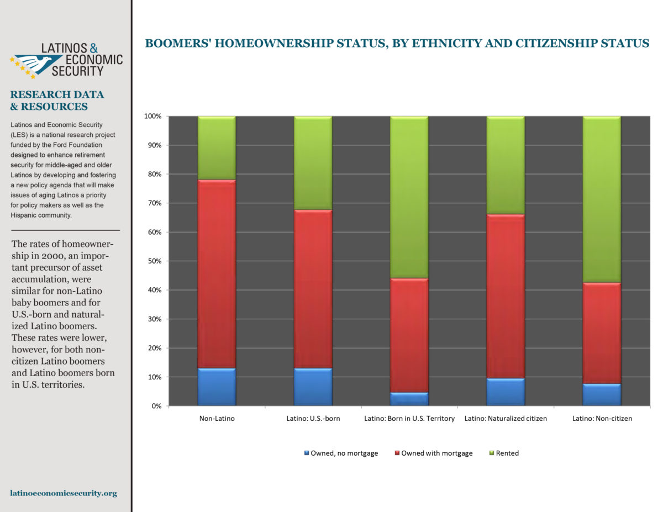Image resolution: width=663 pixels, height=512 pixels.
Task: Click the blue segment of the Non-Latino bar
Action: click(x=217, y=387)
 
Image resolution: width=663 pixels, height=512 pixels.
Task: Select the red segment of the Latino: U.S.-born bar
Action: click(x=313, y=289)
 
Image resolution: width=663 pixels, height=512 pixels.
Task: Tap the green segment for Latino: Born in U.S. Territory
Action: click(x=409, y=197)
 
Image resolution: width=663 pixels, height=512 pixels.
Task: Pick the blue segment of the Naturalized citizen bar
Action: click(x=506, y=392)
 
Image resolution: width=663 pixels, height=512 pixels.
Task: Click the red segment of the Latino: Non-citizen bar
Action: click(x=602, y=333)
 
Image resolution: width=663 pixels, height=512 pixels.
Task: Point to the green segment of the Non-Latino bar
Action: click(x=217, y=148)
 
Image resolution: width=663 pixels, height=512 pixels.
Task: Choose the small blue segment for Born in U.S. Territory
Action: click(x=409, y=399)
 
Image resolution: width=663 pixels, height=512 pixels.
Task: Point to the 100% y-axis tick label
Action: click(x=153, y=116)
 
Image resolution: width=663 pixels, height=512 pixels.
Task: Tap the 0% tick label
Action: click(x=156, y=406)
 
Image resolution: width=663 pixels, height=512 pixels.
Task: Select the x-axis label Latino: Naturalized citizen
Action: click(x=506, y=419)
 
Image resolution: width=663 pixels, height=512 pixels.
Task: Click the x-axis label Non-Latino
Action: click(x=217, y=419)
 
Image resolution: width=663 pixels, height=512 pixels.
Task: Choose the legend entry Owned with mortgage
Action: click(x=434, y=453)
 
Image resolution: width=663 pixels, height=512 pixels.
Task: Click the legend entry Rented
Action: click(x=504, y=453)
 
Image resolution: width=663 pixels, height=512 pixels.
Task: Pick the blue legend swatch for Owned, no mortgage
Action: click(x=307, y=453)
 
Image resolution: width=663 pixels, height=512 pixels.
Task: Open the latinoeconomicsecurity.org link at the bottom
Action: click(x=64, y=493)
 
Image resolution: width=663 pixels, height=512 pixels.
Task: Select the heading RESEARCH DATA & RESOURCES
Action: click(x=57, y=101)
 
